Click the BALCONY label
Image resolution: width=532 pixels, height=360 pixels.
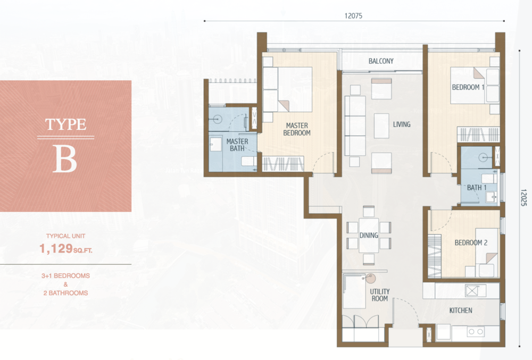[381, 61]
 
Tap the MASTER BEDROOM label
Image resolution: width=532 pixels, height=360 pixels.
[297, 129]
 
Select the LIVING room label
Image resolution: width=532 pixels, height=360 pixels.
[402, 124]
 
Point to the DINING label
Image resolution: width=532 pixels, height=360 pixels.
[369, 235]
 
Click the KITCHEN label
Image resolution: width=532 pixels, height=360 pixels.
[461, 310]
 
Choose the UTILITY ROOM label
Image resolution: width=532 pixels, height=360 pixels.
[380, 295]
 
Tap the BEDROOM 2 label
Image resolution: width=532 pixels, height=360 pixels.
[471, 242]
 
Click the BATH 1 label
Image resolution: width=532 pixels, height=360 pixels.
[477, 188]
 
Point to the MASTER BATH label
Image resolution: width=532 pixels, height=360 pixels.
[237, 145]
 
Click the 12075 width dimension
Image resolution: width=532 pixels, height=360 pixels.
[353, 15]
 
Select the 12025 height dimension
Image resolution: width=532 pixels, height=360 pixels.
[523, 198]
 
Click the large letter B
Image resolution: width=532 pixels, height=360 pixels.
[65, 159]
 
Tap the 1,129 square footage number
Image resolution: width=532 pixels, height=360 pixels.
[56, 249]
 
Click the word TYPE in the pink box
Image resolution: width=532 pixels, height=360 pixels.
[66, 124]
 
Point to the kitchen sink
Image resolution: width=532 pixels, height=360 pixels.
[471, 291]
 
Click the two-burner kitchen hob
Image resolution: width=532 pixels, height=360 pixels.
[476, 332]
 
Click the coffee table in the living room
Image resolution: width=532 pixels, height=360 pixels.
[381, 126]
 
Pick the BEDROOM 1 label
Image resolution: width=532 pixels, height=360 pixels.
[468, 87]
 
